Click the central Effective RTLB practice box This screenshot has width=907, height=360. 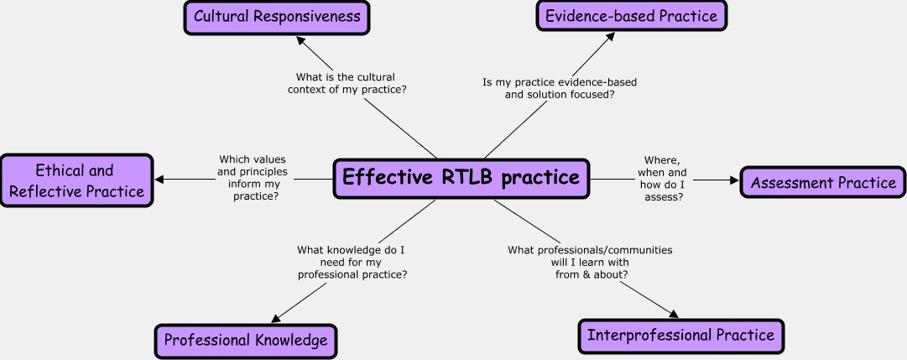point(461,179)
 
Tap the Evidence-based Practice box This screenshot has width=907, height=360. point(631,17)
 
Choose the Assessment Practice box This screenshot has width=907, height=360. point(823,182)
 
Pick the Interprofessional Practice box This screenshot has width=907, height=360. point(680,336)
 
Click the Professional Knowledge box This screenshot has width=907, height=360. point(246,341)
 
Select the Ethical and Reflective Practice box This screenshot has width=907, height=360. point(76,180)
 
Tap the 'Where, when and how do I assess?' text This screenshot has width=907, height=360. point(662,179)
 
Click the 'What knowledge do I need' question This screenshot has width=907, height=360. point(352,262)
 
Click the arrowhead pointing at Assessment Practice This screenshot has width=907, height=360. point(734,179)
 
